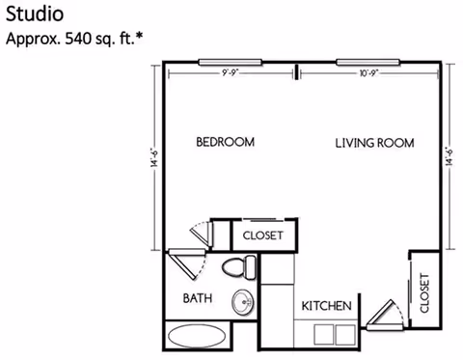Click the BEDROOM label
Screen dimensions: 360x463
[225, 142]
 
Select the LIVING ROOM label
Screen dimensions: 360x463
[374, 143]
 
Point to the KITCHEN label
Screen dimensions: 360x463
[326, 306]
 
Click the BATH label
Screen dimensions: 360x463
[198, 298]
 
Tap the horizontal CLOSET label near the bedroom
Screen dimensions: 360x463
[262, 235]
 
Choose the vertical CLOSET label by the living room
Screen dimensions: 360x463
[424, 292]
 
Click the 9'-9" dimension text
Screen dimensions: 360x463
[231, 72]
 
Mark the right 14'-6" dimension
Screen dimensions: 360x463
[449, 156]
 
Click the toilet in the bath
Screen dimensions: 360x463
[237, 266]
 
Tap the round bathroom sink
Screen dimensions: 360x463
[243, 302]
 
